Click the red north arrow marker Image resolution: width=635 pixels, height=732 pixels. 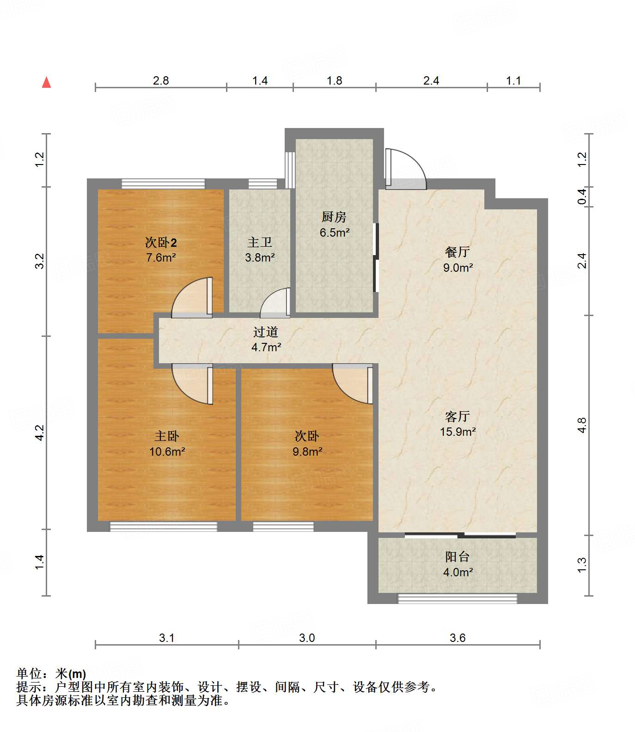click(x=46, y=83)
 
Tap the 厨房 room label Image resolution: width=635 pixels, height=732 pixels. click(x=334, y=217)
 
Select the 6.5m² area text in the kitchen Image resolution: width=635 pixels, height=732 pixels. click(x=334, y=232)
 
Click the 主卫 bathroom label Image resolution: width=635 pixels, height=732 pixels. click(x=260, y=242)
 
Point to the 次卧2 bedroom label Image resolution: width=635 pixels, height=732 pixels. click(x=161, y=242)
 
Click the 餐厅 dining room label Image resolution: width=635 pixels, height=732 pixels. click(x=458, y=252)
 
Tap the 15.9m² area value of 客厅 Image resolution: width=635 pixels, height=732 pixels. click(x=458, y=432)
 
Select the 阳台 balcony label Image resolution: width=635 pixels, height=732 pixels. click(x=458, y=557)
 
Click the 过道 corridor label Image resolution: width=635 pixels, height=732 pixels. click(x=266, y=332)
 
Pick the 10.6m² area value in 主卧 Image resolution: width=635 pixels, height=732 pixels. click(x=167, y=451)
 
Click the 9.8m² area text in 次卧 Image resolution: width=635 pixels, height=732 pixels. click(x=307, y=451)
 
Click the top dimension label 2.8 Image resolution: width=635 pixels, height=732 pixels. click(x=161, y=80)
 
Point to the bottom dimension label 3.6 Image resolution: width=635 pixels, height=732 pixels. click(x=458, y=638)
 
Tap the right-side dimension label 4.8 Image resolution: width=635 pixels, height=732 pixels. click(x=582, y=425)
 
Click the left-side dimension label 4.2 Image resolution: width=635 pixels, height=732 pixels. click(x=40, y=433)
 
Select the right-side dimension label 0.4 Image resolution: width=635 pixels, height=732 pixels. click(x=583, y=197)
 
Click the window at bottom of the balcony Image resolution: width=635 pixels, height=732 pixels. click(x=458, y=599)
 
